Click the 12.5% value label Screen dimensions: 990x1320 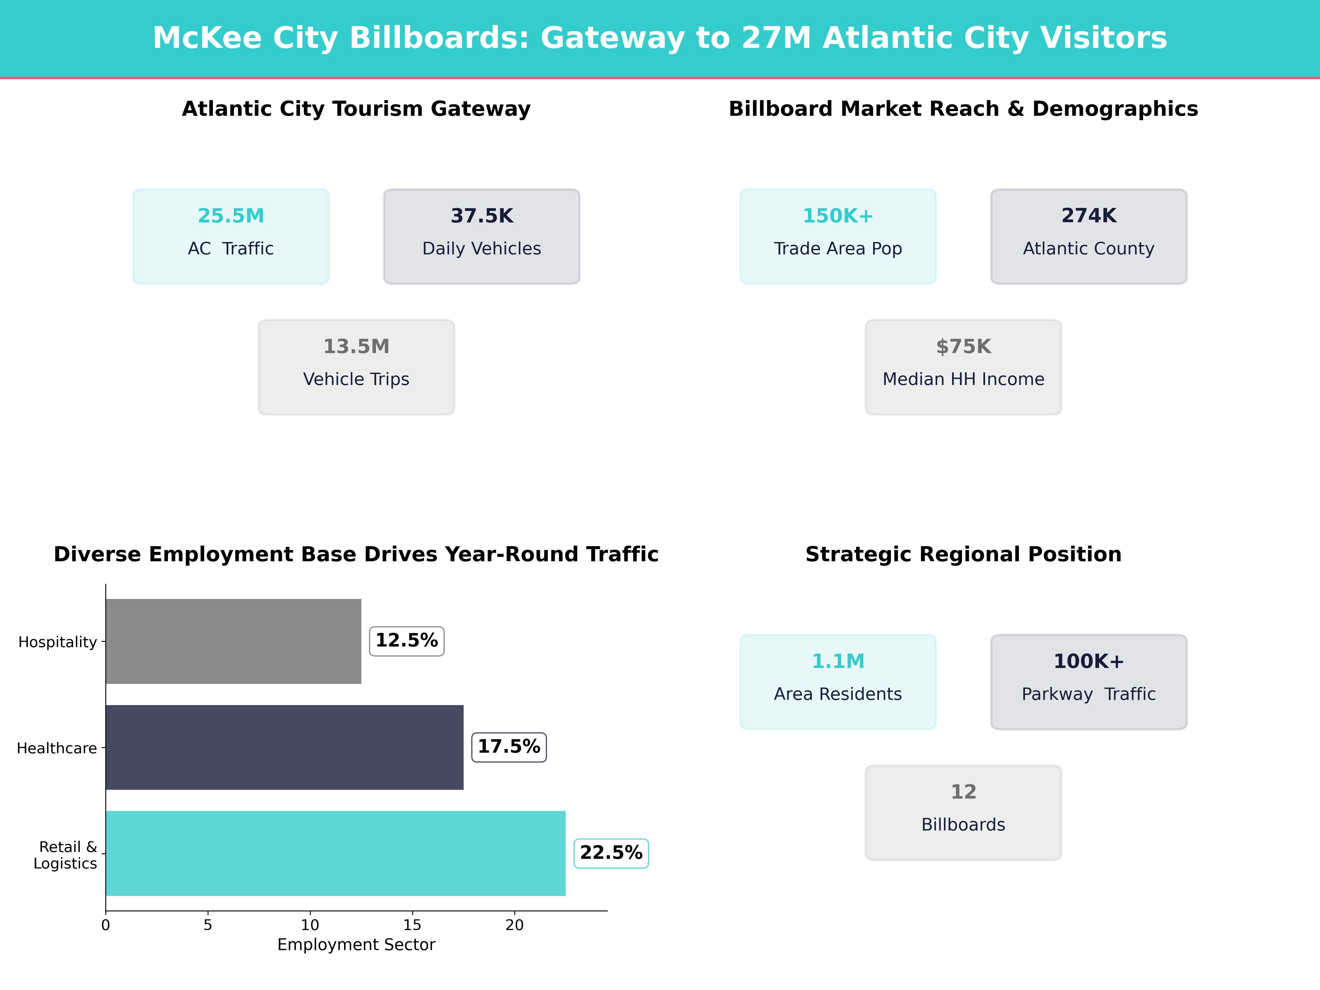click(406, 641)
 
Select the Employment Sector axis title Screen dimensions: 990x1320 click(356, 945)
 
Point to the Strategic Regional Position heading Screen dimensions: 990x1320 click(963, 554)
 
